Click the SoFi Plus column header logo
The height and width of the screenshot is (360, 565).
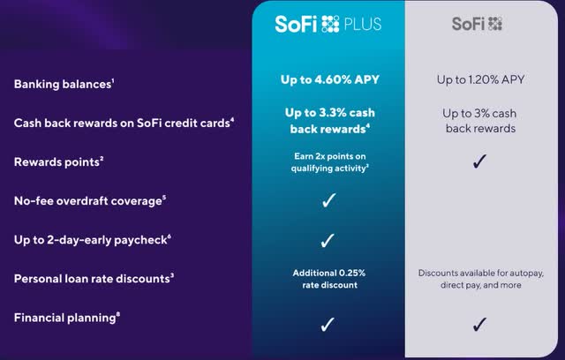328,24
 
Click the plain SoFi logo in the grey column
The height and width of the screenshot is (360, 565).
478,24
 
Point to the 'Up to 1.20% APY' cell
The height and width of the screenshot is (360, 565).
480,80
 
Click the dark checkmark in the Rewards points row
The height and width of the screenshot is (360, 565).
480,161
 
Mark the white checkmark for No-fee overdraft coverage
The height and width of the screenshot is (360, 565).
328,200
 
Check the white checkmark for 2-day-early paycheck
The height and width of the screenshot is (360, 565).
328,239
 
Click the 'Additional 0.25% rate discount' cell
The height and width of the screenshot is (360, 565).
328,278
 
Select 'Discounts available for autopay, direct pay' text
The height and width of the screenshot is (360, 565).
480,279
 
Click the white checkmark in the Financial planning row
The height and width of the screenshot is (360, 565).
328,324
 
